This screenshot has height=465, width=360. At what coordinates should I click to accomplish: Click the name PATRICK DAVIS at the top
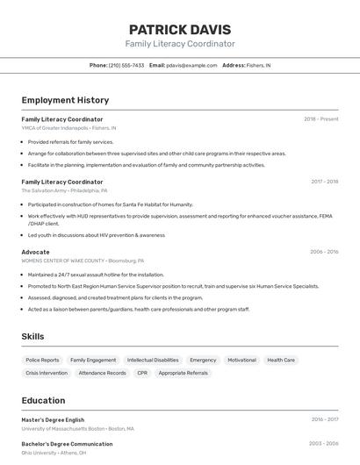180,30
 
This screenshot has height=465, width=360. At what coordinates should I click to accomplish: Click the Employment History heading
65,100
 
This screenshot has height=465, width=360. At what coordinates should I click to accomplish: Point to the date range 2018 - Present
320,118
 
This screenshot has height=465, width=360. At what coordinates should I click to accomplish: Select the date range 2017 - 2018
324,182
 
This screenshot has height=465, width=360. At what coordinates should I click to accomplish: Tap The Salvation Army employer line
64,190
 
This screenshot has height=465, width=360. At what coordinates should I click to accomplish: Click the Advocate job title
35,252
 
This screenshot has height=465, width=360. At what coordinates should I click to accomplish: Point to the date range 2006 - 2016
324,252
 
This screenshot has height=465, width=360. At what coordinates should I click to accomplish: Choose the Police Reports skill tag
42,360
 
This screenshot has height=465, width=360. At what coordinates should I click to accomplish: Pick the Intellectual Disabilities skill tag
153,360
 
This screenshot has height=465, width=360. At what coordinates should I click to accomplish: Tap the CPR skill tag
142,373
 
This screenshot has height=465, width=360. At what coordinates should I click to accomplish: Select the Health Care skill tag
281,360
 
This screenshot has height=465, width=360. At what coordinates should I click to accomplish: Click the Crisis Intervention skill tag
47,373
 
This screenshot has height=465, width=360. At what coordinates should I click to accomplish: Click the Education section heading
43,400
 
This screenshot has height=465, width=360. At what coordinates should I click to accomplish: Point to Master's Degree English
53,419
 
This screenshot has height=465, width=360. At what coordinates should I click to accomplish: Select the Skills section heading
32,336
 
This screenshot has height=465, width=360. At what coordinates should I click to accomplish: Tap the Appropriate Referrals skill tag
184,373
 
